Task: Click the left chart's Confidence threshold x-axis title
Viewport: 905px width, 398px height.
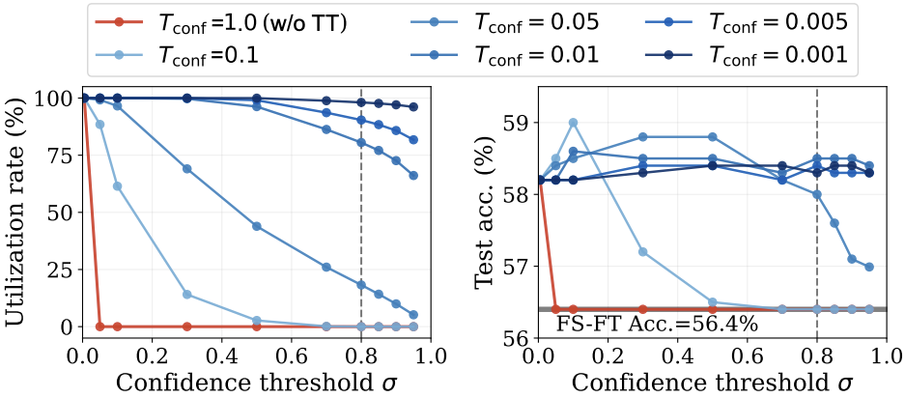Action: [256, 382]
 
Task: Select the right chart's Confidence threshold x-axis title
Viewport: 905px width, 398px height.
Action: [712, 382]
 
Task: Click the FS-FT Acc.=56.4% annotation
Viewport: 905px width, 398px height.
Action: [657, 324]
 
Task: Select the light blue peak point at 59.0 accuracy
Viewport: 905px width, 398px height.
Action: [573, 123]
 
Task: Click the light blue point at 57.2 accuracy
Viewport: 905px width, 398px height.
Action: [642, 251]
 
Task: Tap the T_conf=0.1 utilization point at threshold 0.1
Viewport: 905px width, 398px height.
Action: [117, 186]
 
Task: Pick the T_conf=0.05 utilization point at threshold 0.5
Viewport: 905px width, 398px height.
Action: [256, 226]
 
